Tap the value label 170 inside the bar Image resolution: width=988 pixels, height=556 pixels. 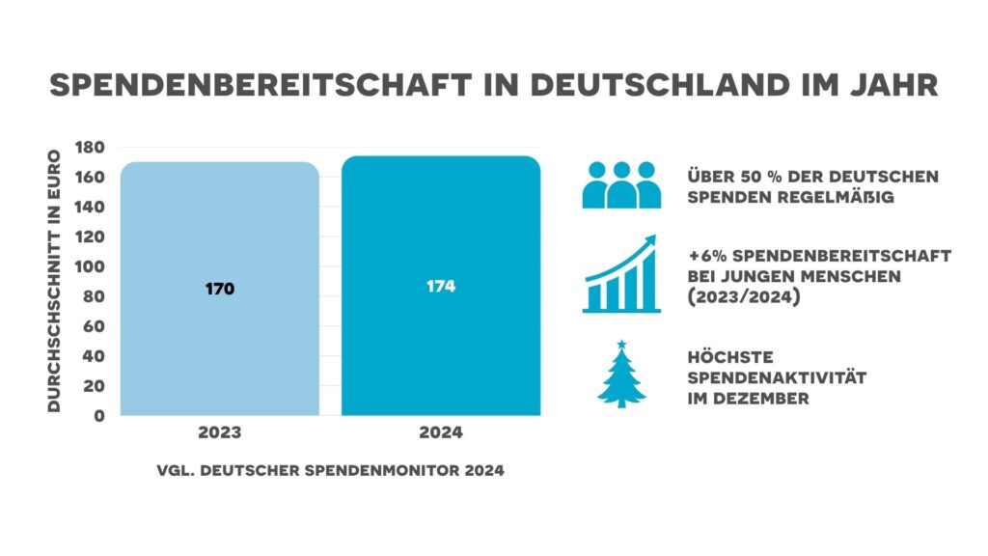[x=220, y=289]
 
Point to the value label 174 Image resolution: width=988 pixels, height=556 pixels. [x=441, y=287]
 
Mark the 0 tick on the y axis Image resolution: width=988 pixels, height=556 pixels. [x=100, y=416]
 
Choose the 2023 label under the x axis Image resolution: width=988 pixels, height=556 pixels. [x=220, y=433]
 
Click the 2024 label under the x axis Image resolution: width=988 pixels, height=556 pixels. [x=441, y=433]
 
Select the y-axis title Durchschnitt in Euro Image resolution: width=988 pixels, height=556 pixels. [x=55, y=281]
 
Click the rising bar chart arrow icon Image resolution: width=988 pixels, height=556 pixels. [x=621, y=274]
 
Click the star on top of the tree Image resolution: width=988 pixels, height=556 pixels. [x=621, y=345]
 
